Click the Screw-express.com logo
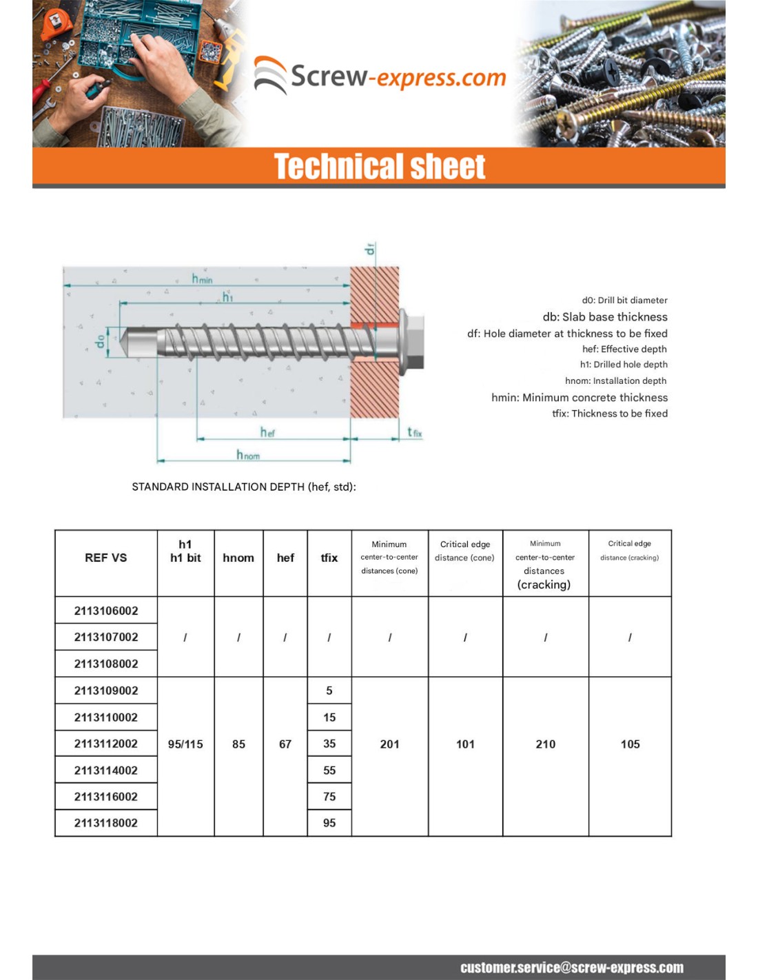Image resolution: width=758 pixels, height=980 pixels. pyautogui.click(x=380, y=76)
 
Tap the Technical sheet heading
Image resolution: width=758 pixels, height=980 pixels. pyautogui.click(x=380, y=167)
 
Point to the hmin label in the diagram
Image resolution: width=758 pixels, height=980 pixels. pyautogui.click(x=203, y=278)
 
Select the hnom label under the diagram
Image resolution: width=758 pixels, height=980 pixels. pyautogui.click(x=248, y=455)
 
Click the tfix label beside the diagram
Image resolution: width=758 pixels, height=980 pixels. pyautogui.click(x=414, y=432)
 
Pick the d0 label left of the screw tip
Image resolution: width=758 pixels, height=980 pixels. pyautogui.click(x=101, y=341)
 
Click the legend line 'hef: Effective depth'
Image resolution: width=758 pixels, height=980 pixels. pyautogui.click(x=624, y=349)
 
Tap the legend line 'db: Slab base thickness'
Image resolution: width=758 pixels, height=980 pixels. pyautogui.click(x=605, y=317)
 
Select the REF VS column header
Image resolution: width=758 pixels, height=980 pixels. pyautogui.click(x=106, y=558)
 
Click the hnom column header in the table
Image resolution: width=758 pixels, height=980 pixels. pyautogui.click(x=238, y=558)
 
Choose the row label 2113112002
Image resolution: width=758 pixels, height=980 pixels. pyautogui.click(x=106, y=744)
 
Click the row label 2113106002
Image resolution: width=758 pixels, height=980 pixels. pyautogui.click(x=106, y=611)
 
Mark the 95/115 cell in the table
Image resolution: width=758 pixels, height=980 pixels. pyautogui.click(x=185, y=744)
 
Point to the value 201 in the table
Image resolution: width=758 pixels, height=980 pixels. pyautogui.click(x=389, y=744)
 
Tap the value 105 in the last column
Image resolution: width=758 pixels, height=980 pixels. pyautogui.click(x=630, y=744)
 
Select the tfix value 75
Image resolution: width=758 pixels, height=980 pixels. pyautogui.click(x=329, y=797)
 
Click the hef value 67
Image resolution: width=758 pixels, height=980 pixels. pyautogui.click(x=285, y=744)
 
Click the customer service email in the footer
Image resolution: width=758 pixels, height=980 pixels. pyautogui.click(x=572, y=968)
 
